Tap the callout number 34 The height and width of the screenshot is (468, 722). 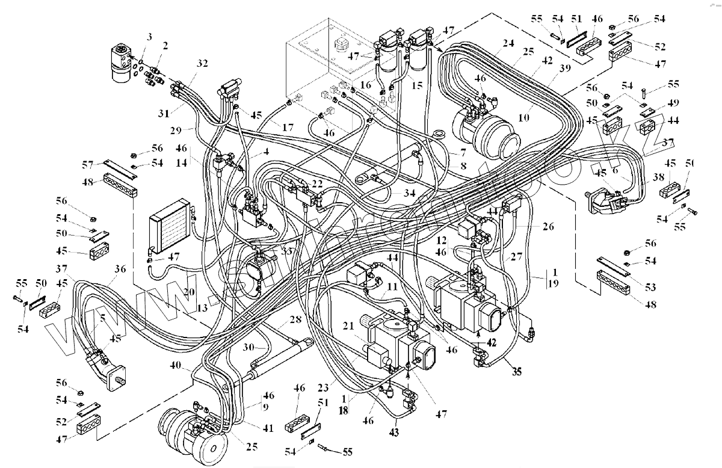click(x=410, y=192)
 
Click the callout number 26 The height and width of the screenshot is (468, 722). click(x=548, y=227)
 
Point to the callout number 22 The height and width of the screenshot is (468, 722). click(x=317, y=183)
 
